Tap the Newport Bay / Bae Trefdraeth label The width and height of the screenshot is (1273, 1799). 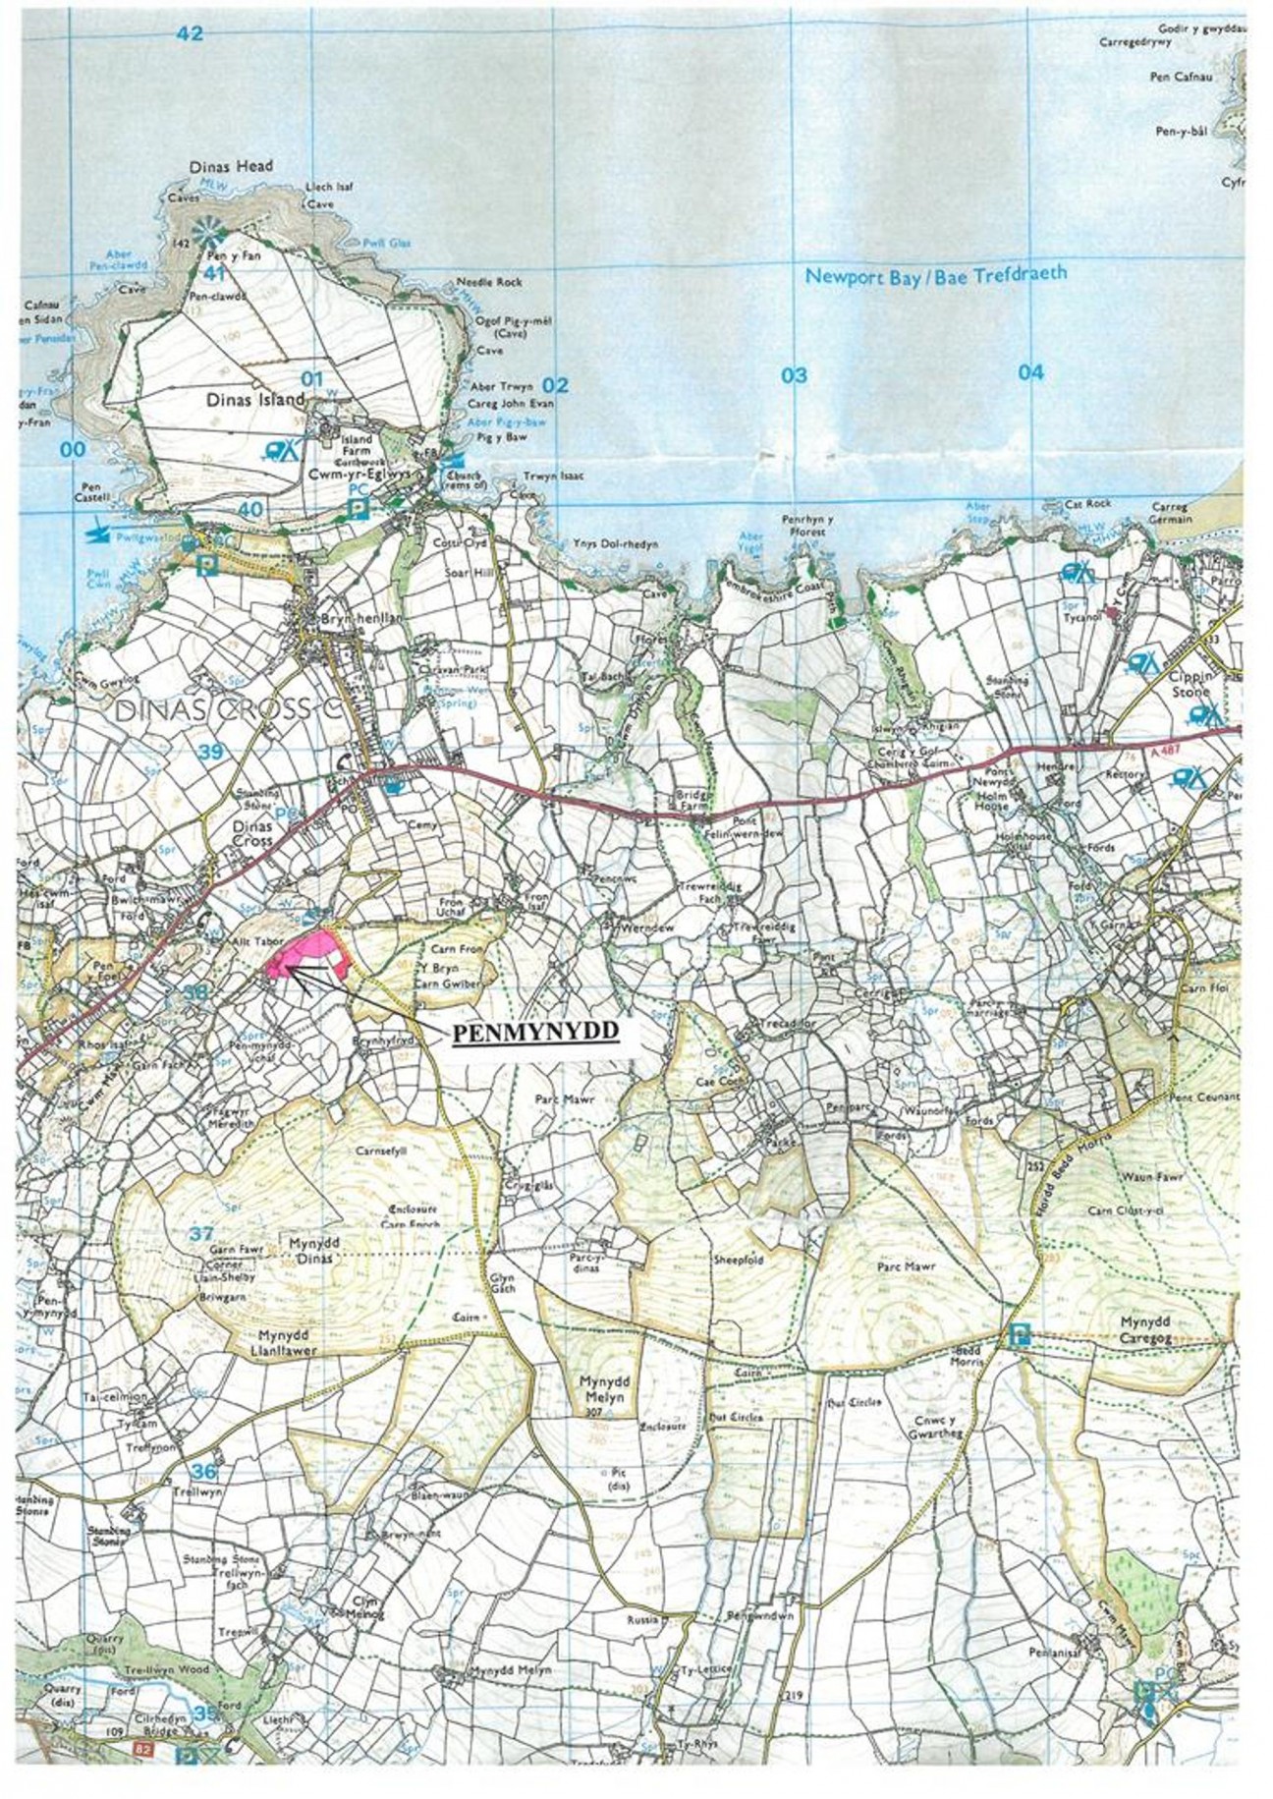(x=935, y=276)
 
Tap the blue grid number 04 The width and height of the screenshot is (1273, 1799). (x=1029, y=372)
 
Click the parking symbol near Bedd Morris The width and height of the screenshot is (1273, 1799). (x=1019, y=1333)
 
